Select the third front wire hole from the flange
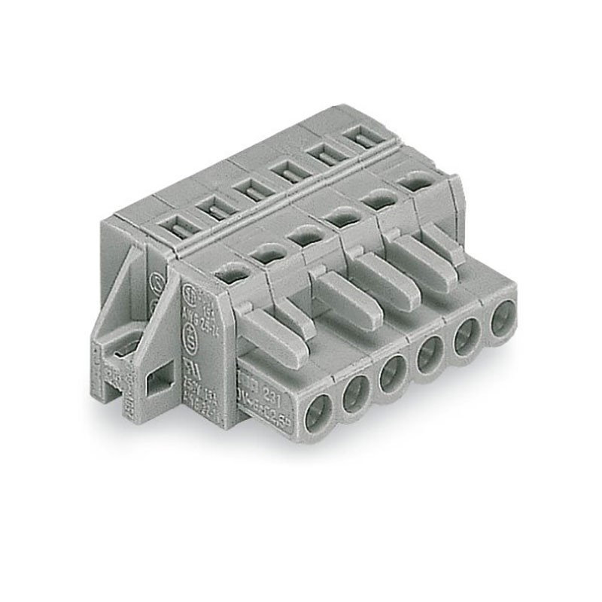(x=393, y=375)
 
